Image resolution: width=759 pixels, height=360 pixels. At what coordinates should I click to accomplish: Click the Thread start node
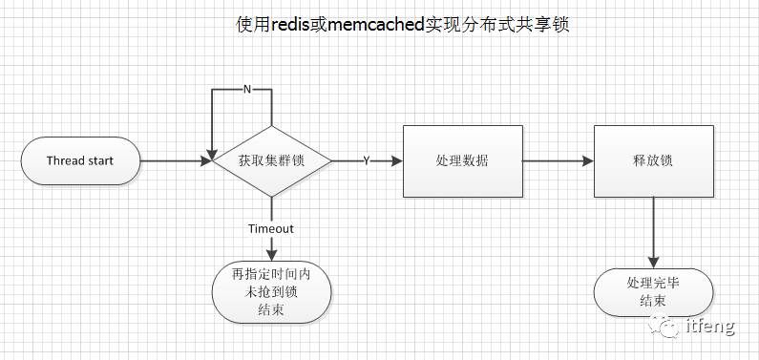click(80, 160)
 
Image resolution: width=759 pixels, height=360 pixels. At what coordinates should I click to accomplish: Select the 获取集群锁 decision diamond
click(271, 160)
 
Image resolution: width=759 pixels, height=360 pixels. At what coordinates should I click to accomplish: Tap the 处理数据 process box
click(461, 160)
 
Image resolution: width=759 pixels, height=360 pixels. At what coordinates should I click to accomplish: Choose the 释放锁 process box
click(653, 160)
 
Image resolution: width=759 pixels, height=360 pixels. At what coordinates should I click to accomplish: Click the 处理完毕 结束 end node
click(653, 292)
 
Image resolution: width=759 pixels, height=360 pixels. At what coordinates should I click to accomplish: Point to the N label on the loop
click(247, 89)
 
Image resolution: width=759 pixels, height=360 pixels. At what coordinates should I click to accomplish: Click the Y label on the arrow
click(367, 160)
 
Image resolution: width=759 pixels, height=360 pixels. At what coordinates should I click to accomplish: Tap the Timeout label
click(271, 229)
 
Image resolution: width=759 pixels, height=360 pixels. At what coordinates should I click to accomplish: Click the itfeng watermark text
click(710, 328)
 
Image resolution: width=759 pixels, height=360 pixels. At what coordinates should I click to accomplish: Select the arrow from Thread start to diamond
click(176, 160)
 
